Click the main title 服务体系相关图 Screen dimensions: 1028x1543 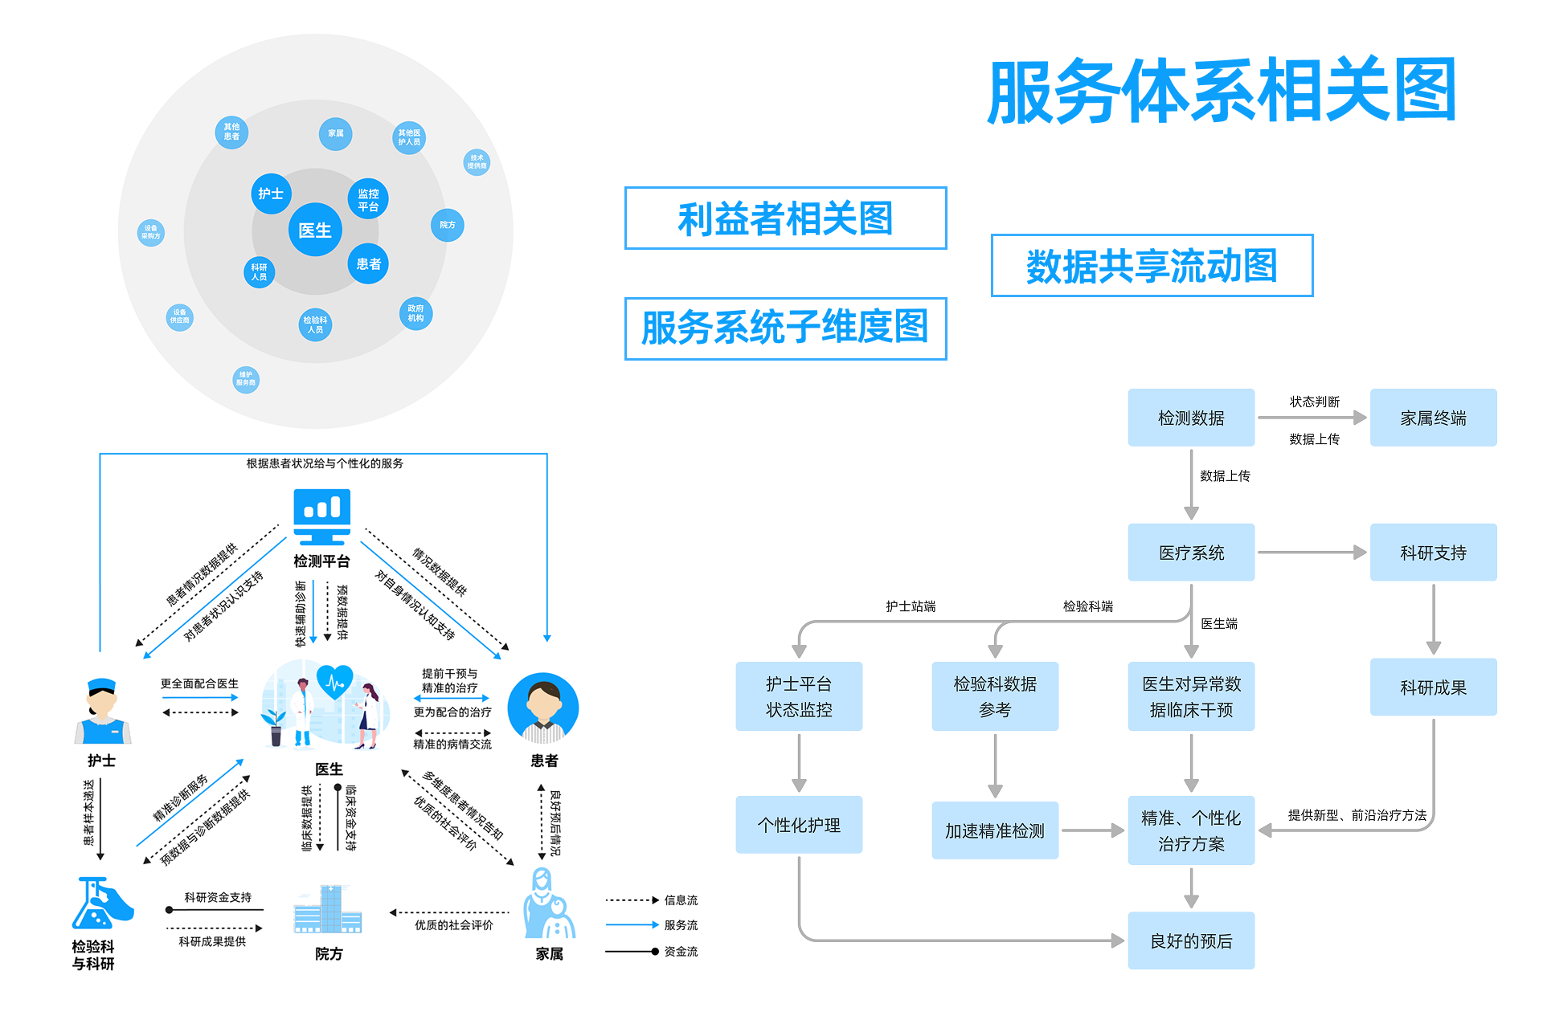click(x=1222, y=91)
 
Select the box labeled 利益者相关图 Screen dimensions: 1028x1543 click(x=785, y=218)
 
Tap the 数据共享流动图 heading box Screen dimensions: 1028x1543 click(x=1152, y=266)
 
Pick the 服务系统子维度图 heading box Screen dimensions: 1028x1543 click(x=785, y=328)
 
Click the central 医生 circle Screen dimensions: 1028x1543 click(x=315, y=230)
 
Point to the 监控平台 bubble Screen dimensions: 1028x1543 click(x=368, y=199)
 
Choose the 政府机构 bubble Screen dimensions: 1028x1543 click(x=415, y=313)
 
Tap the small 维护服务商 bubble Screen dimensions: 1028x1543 click(x=246, y=379)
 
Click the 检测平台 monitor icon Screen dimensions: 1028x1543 click(x=321, y=516)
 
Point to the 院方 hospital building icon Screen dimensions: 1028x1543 click(x=328, y=909)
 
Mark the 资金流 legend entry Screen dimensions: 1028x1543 click(x=652, y=952)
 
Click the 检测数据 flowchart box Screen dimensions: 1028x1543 click(x=1191, y=418)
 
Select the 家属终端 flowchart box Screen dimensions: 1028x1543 click(x=1433, y=418)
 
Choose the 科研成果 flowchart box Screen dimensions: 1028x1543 click(x=1433, y=687)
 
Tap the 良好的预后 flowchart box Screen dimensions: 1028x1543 click(x=1191, y=940)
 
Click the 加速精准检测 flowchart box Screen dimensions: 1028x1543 click(x=995, y=830)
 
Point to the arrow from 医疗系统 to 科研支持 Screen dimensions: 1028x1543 click(x=1312, y=553)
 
